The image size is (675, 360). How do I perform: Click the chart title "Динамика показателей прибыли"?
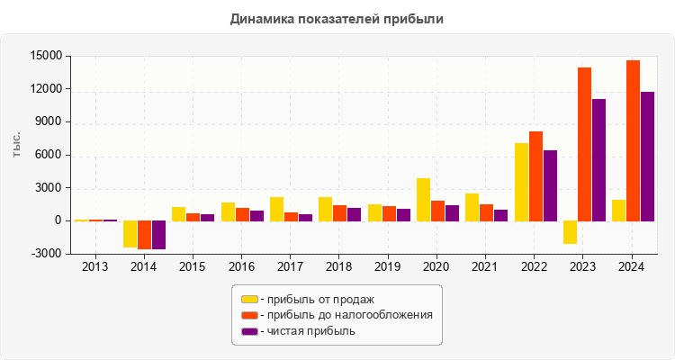(337, 18)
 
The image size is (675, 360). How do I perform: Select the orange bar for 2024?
(633, 140)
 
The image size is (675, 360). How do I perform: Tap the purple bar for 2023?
(598, 159)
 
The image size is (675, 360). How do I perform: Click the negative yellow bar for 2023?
(570, 232)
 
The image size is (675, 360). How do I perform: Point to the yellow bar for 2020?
(423, 199)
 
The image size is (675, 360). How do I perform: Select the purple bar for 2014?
(158, 235)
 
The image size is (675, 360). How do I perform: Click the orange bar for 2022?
(535, 175)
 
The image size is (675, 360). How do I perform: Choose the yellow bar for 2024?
(618, 210)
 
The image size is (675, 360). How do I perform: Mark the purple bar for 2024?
(647, 156)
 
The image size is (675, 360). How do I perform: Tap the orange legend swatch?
(249, 315)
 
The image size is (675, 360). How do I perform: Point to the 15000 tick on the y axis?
(47, 56)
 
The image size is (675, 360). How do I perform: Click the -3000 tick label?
(47, 254)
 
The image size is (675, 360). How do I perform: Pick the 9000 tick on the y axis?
(49, 122)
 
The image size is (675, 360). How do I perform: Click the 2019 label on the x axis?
(387, 267)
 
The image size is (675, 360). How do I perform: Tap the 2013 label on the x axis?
(94, 267)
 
